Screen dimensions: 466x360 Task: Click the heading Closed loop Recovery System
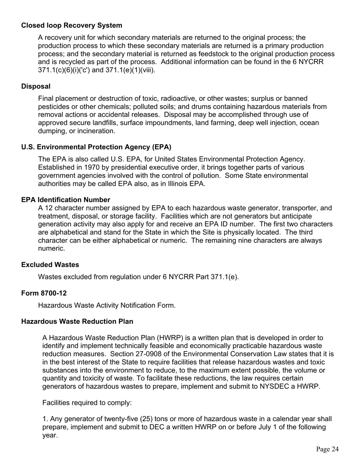(72, 25)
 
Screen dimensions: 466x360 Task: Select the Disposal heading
(36, 86)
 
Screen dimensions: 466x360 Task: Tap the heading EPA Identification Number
(66, 200)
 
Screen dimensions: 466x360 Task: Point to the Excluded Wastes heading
(50, 264)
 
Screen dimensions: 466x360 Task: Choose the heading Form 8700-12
(44, 293)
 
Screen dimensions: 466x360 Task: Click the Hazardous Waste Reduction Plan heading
(77, 321)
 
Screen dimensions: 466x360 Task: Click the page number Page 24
(327, 449)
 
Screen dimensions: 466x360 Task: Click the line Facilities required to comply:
(87, 403)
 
